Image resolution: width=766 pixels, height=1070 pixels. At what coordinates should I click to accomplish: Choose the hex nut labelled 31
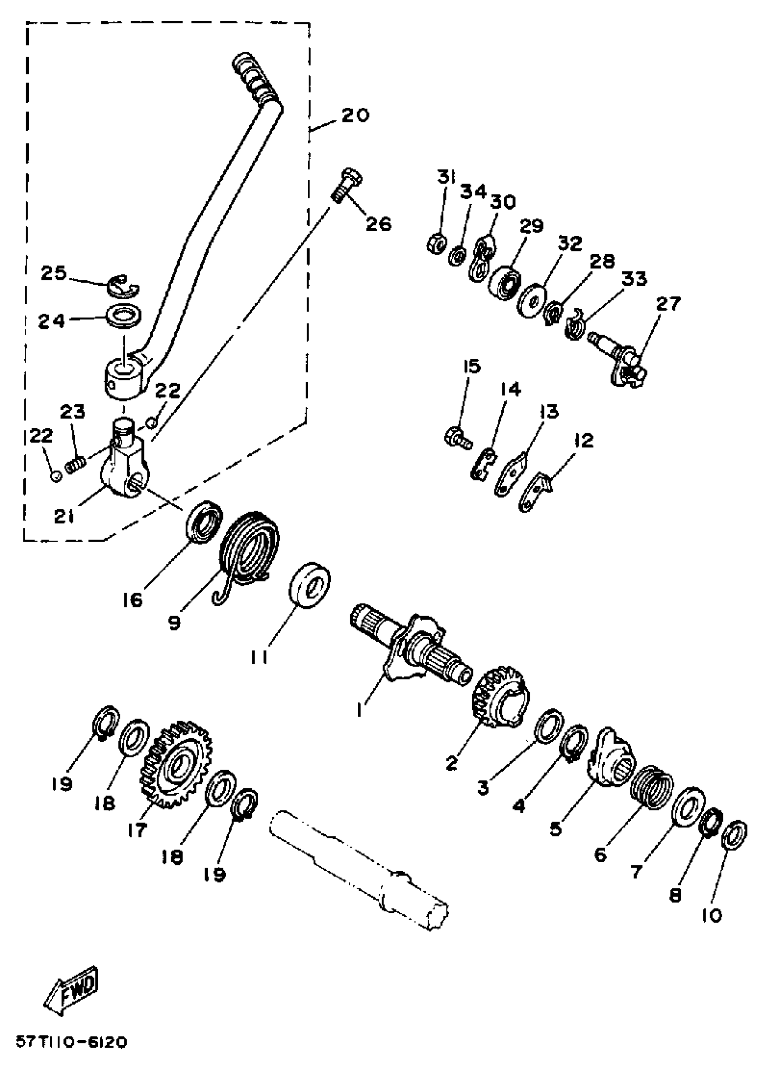click(x=437, y=243)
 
